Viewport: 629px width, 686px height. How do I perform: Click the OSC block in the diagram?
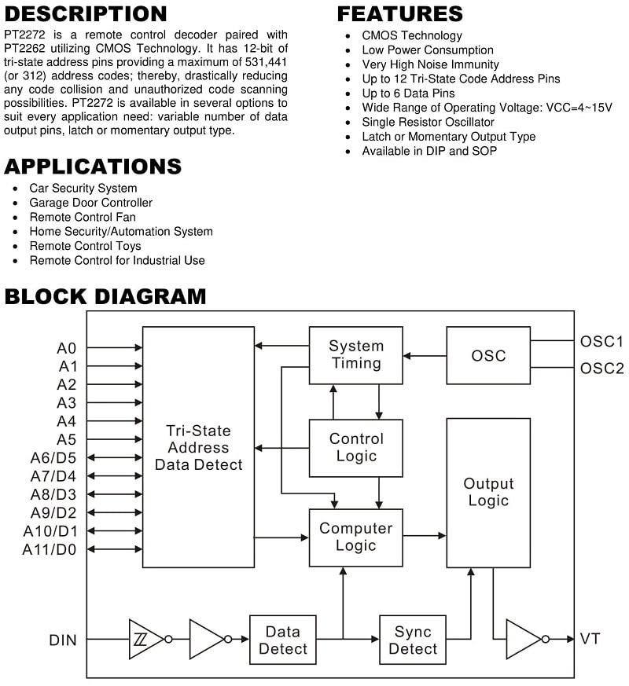[488, 355]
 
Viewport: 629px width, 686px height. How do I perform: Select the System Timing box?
[356, 355]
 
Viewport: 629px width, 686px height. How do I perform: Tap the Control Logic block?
[356, 448]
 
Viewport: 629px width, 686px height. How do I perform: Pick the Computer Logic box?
[356, 537]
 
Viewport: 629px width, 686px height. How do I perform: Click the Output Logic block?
[488, 493]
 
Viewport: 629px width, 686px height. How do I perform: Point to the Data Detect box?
[283, 640]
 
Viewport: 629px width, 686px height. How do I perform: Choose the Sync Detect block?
[413, 640]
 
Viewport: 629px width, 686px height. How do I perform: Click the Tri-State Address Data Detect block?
[198, 447]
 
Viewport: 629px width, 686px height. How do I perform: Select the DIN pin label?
[63, 640]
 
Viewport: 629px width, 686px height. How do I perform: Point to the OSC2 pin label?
[601, 369]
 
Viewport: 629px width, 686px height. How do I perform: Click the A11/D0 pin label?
[49, 549]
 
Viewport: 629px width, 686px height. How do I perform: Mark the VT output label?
[590, 639]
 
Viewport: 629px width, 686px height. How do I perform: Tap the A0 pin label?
[67, 348]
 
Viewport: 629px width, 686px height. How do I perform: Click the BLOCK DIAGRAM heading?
[105, 296]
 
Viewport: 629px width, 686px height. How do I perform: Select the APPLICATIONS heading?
[93, 167]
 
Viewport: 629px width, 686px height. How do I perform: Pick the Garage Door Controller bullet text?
[91, 203]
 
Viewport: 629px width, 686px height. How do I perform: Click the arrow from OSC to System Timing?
[425, 356]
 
